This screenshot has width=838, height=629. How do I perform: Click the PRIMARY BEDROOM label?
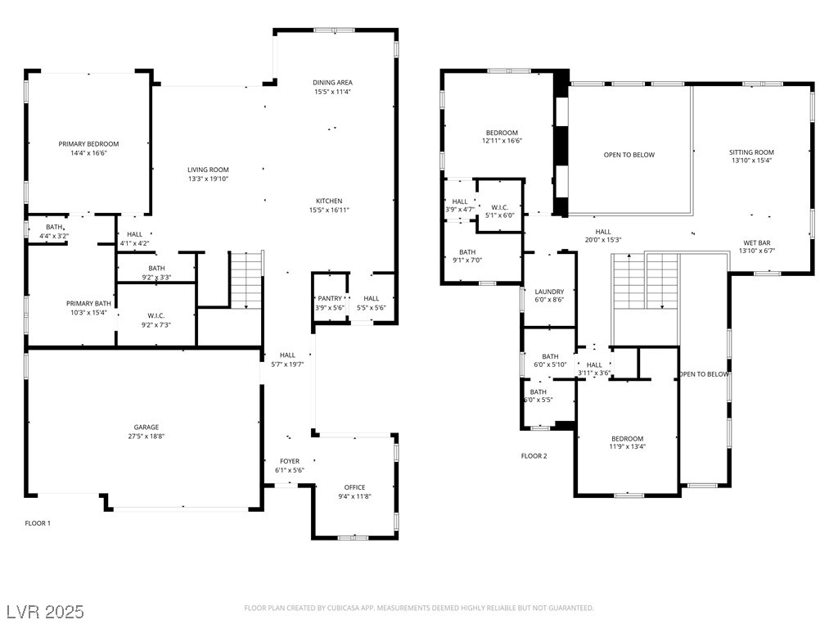click(x=88, y=144)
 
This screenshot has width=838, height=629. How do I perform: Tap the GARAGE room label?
click(x=146, y=428)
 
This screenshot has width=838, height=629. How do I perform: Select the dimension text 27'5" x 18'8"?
click(x=146, y=437)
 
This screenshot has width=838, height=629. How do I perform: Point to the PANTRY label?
click(x=330, y=298)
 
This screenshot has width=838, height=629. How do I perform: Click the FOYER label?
click(x=290, y=461)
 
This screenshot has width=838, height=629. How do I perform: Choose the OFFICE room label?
click(x=355, y=487)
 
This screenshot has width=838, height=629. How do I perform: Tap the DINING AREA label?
click(x=332, y=83)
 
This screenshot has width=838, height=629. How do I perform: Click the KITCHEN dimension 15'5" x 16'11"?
click(x=329, y=210)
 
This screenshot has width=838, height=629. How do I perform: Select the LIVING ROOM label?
click(x=208, y=170)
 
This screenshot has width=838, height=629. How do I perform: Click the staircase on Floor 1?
click(x=246, y=280)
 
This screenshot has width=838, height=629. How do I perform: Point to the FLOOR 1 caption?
click(x=38, y=523)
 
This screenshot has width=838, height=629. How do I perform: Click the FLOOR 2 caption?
click(x=534, y=456)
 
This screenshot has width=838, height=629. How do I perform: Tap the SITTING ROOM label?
click(x=751, y=152)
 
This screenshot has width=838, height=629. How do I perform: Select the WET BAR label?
click(x=757, y=242)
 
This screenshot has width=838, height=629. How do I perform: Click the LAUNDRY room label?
click(x=549, y=292)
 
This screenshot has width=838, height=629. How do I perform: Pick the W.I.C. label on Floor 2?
click(x=500, y=207)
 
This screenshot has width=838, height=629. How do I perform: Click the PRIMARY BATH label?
click(x=88, y=304)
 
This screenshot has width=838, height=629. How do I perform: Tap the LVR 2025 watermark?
click(x=46, y=611)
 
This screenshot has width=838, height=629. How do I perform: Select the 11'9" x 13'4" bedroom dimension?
click(x=628, y=446)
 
